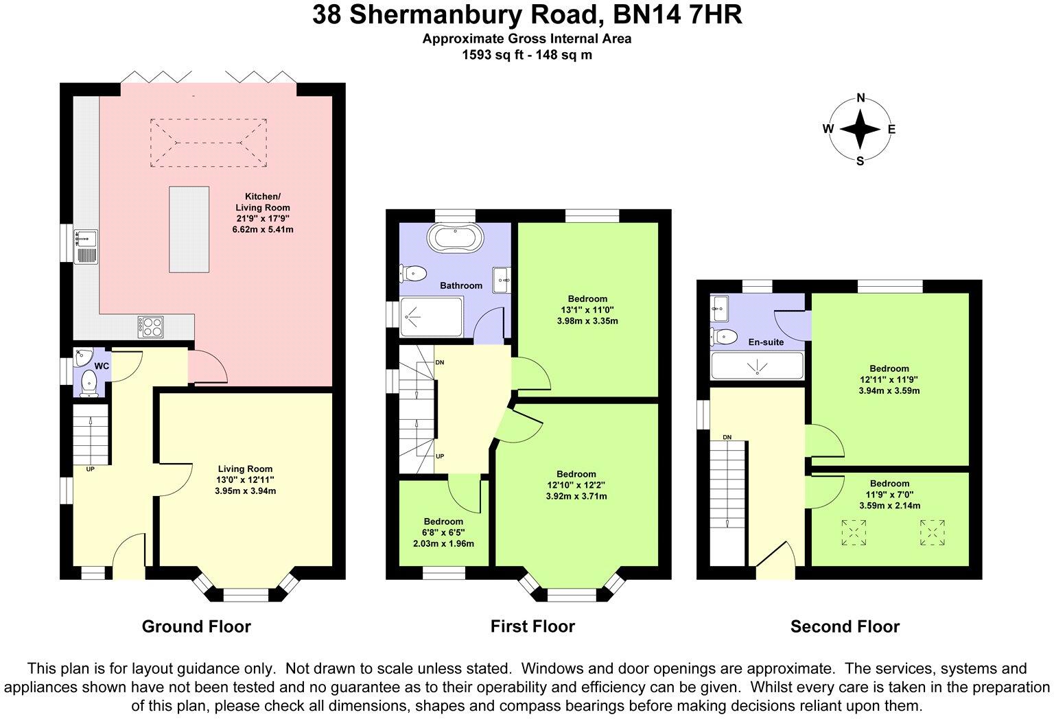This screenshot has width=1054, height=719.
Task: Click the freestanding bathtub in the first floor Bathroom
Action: point(456,239)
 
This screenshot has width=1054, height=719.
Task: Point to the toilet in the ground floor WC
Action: point(89,383)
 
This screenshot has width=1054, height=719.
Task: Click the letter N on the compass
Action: point(860,97)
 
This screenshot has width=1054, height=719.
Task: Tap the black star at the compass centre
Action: point(860,129)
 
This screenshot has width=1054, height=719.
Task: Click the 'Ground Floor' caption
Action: point(196,626)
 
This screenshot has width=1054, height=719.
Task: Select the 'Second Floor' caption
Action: point(845,626)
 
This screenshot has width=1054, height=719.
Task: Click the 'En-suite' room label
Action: point(766,342)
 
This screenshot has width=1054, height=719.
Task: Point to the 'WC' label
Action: point(102,366)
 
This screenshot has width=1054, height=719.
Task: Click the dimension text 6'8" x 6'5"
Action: point(443,532)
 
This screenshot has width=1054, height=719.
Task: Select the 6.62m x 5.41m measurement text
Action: point(264,229)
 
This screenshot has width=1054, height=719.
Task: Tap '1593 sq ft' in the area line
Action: point(492,55)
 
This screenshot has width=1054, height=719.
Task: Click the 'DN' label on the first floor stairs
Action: point(439,362)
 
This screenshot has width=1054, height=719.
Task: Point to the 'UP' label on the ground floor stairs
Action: point(91,470)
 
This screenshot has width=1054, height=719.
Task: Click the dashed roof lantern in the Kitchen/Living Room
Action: point(209,143)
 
